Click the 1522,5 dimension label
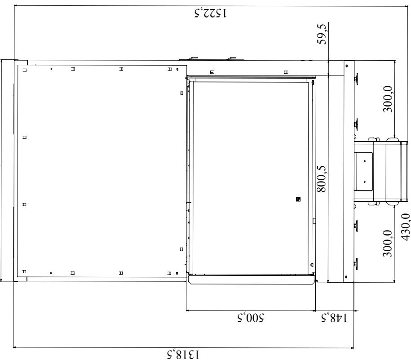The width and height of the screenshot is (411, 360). click(x=211, y=13)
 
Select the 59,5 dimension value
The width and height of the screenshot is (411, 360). click(x=322, y=34)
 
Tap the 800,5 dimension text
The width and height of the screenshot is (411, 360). click(x=322, y=179)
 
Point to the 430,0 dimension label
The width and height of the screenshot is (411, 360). click(x=405, y=227)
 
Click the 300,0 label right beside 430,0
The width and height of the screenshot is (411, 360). click(x=388, y=243)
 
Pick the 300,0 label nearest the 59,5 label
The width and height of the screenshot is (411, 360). click(x=388, y=99)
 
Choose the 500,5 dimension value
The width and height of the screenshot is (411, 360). click(x=251, y=317)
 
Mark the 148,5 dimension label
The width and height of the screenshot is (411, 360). click(x=335, y=318)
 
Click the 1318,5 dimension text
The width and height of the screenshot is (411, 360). click(x=183, y=355)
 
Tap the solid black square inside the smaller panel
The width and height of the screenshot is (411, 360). click(x=298, y=199)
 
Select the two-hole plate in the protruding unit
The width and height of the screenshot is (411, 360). click(x=363, y=171)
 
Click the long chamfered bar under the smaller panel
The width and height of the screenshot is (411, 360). click(x=251, y=279)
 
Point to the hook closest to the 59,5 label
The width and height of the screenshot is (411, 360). click(x=231, y=58)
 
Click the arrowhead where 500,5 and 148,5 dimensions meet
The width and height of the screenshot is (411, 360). click(x=316, y=311)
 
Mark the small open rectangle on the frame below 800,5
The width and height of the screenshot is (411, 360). click(x=314, y=221)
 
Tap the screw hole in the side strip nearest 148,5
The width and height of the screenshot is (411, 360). click(x=346, y=277)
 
